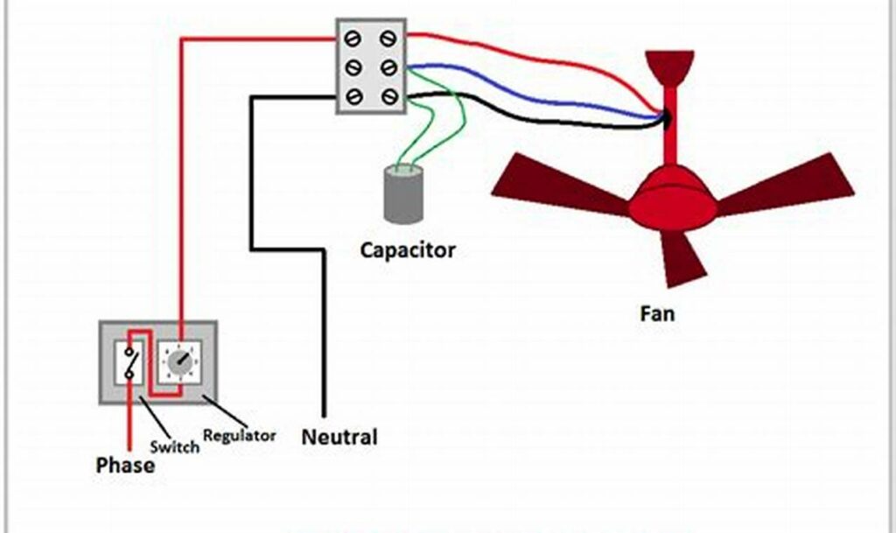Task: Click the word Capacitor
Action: [408, 250]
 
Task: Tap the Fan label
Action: [656, 312]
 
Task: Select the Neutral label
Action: [339, 437]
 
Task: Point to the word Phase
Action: [125, 466]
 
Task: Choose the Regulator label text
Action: [240, 435]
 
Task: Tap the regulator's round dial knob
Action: [180, 362]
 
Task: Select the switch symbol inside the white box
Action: [130, 362]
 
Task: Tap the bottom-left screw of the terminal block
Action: [353, 96]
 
